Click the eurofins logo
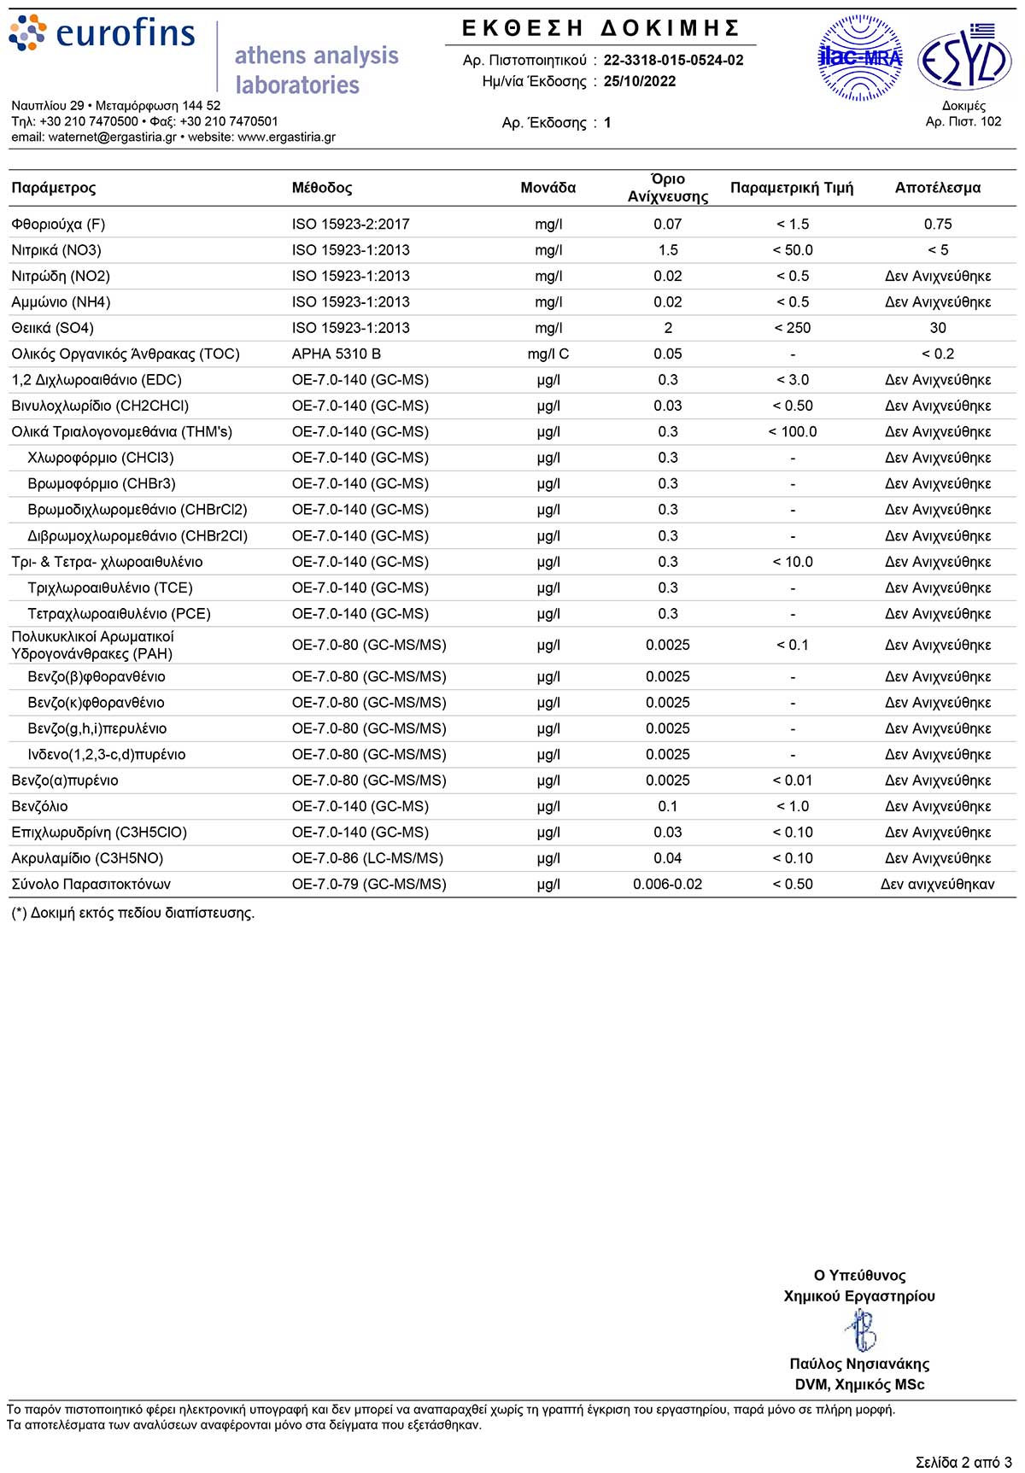[102, 34]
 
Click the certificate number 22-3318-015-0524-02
[673, 60]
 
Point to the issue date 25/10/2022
[640, 81]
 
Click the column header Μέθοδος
[322, 188]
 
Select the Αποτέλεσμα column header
[937, 188]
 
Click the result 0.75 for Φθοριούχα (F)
[937, 224]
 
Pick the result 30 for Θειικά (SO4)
[937, 328]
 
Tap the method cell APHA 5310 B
[337, 354]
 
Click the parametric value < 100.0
[792, 432]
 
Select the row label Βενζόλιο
[39, 806]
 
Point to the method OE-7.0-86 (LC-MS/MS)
[367, 858]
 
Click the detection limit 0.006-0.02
[667, 884]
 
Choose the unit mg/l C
[548, 354]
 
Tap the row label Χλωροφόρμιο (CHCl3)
[101, 458]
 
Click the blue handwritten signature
[861, 1330]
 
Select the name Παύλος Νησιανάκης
[859, 1364]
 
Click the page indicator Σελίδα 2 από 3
[963, 1462]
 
